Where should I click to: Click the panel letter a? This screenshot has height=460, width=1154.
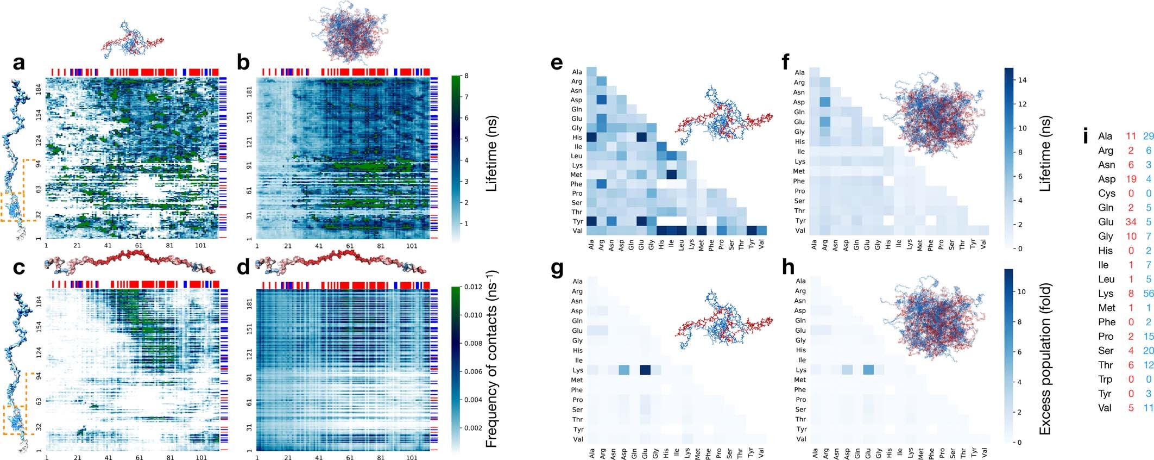(19, 63)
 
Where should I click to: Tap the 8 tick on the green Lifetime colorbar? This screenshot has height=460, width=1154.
(466, 76)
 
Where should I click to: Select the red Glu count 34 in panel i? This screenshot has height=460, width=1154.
(1131, 222)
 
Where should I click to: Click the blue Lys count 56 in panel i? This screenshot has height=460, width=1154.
(1148, 294)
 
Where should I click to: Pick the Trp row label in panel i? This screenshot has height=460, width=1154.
(1105, 380)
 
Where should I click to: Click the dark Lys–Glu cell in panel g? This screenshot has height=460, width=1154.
(645, 370)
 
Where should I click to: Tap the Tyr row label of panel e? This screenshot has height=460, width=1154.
(577, 221)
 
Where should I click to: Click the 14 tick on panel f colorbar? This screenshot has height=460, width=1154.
(1022, 80)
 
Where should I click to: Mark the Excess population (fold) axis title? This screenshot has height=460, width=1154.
(1044, 359)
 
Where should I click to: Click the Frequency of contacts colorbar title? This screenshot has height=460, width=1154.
(491, 359)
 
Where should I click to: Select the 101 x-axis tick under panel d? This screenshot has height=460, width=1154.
(412, 458)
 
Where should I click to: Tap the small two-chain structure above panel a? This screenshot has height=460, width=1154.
(132, 41)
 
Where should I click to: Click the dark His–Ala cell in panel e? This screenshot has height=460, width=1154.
(591, 138)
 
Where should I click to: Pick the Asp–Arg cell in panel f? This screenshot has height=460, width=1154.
(825, 102)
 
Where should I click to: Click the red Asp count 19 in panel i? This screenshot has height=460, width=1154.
(1131, 179)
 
